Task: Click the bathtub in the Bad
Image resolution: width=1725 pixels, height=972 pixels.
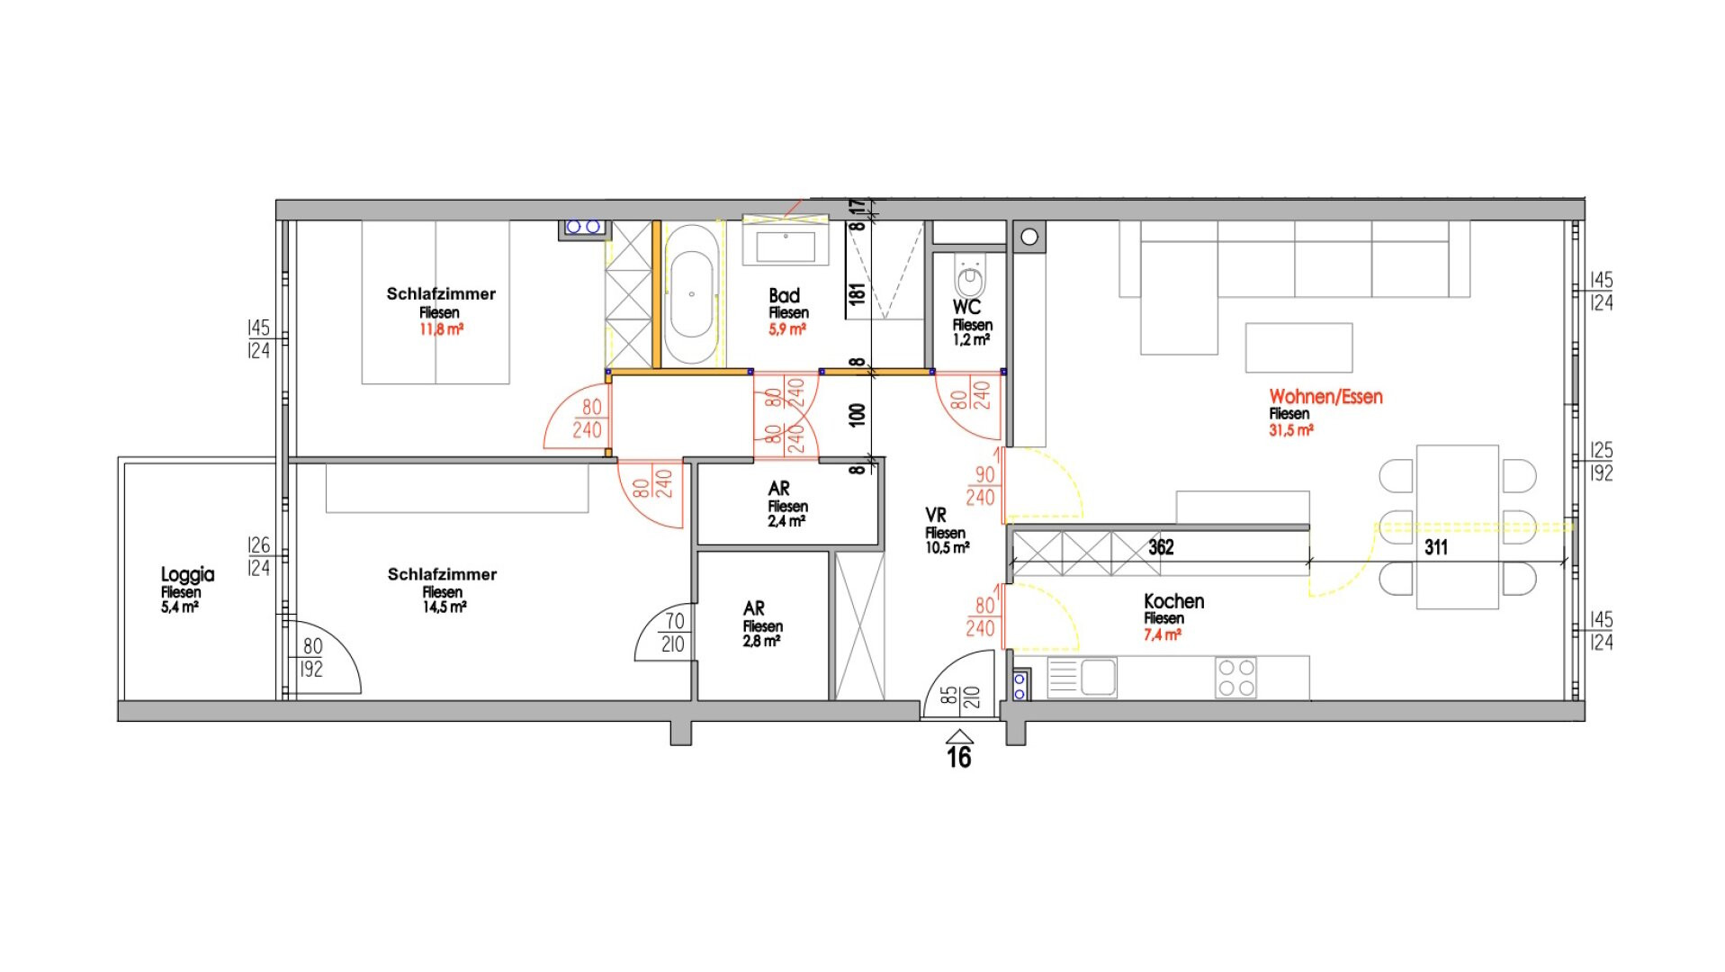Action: (x=691, y=294)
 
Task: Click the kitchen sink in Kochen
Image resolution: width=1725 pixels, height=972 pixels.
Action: (x=1082, y=678)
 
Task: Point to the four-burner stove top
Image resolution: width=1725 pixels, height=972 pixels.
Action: (x=1235, y=678)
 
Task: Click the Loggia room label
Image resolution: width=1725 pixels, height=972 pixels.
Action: (x=187, y=574)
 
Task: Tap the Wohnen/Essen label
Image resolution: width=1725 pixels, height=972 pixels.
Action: (x=1325, y=396)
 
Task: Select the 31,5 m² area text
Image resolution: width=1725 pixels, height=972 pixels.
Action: (x=1291, y=430)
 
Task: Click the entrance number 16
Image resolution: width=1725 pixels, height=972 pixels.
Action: (x=959, y=758)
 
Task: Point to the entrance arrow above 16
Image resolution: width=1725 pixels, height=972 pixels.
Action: (x=959, y=735)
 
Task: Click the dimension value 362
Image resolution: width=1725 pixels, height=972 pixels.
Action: (x=1161, y=546)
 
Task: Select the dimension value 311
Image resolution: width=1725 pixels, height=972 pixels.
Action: (x=1436, y=547)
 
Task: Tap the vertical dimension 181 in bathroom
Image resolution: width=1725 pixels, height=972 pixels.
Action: (x=857, y=292)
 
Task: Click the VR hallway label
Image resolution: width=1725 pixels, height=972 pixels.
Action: (x=936, y=515)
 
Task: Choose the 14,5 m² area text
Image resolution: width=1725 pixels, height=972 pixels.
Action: (x=445, y=607)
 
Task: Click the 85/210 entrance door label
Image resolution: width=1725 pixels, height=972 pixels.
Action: (x=959, y=697)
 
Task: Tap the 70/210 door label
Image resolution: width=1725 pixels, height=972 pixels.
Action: (x=673, y=633)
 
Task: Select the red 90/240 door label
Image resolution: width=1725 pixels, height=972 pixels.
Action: (x=981, y=486)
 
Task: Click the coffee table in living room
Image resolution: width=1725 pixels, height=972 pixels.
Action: (x=1298, y=347)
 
